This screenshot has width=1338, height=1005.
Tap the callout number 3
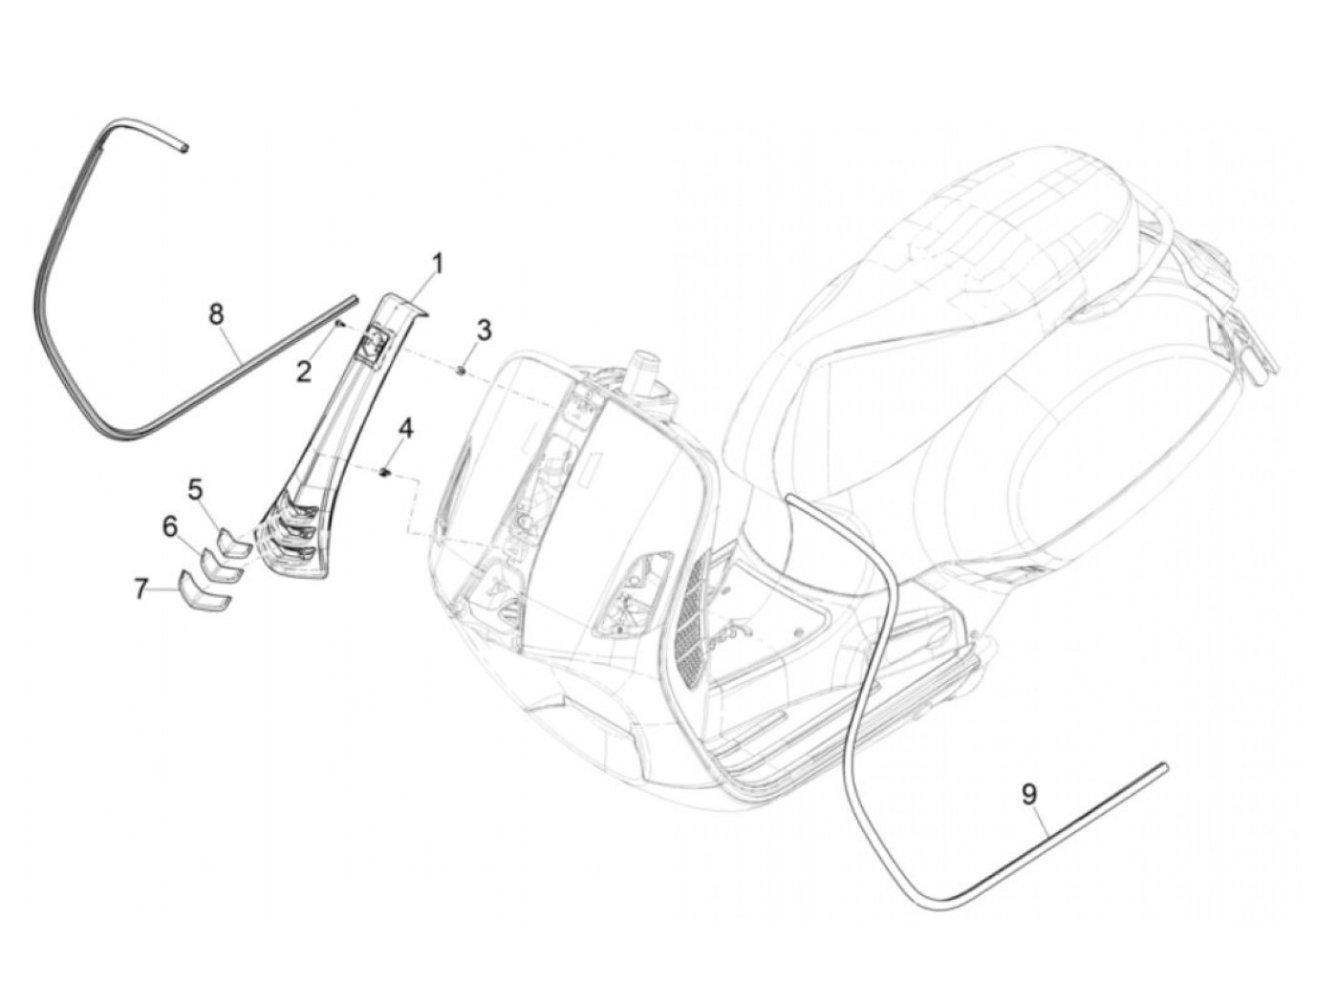tap(485, 331)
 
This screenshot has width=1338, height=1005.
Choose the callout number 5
tap(196, 490)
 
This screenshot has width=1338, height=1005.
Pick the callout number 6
tap(170, 525)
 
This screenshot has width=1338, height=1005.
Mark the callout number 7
tap(141, 589)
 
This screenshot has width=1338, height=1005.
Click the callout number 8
tap(217, 312)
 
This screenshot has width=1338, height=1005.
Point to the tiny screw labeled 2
tap(339, 325)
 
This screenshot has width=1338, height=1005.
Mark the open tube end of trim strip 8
tap(185, 148)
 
